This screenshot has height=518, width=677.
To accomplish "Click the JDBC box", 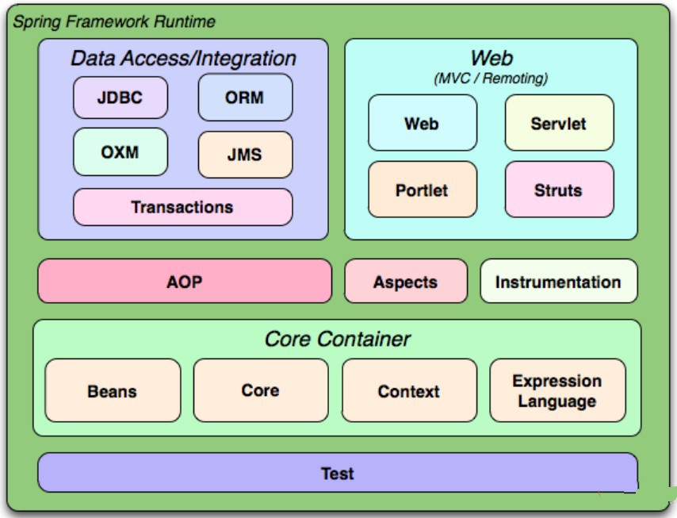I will click(x=120, y=98).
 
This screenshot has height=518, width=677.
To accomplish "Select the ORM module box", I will click(x=244, y=98).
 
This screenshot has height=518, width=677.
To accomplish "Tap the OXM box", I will click(x=120, y=151).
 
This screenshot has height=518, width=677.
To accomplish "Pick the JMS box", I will click(x=244, y=154).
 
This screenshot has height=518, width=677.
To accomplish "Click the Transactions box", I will click(x=182, y=207).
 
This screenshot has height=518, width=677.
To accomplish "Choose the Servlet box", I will click(x=559, y=123).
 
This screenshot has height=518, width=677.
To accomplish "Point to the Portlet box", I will click(x=422, y=190).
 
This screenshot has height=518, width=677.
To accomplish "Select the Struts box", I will click(x=559, y=190).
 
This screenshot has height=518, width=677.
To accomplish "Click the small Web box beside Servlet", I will click(x=422, y=123).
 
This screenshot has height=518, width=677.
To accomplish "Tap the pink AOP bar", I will click(x=184, y=281).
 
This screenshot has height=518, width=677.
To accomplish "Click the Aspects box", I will click(x=405, y=282).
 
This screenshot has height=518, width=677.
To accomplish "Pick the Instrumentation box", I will click(x=558, y=282).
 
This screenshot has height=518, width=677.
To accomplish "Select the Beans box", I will click(x=113, y=390).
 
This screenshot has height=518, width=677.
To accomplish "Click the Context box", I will click(x=409, y=390).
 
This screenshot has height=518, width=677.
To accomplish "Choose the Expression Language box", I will click(x=557, y=390).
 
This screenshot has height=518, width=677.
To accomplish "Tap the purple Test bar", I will click(x=337, y=473).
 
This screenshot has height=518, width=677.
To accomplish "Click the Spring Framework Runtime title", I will click(x=113, y=21).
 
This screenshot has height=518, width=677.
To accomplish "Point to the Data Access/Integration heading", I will click(x=183, y=58).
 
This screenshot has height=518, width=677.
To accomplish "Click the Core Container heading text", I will click(x=337, y=339).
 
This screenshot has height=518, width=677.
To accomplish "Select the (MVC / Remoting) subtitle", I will click(x=491, y=79).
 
